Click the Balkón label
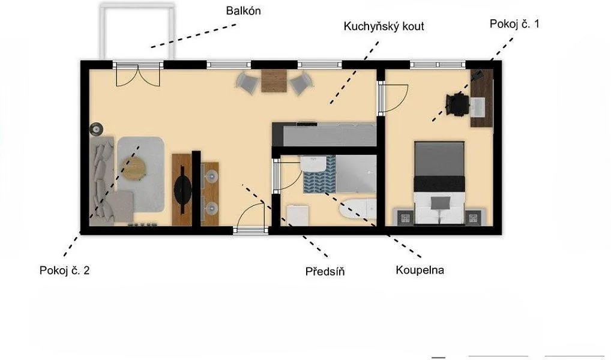click(243, 11)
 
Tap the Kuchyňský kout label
click(384, 26)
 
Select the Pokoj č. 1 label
click(514, 24)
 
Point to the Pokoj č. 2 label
click(64, 270)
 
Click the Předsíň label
click(325, 271)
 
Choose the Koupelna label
click(420, 269)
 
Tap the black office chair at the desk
click(457, 104)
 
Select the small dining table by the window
click(274, 81)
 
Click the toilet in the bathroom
click(298, 215)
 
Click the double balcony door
click(138, 75)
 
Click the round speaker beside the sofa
click(96, 129)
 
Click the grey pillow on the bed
click(440, 203)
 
